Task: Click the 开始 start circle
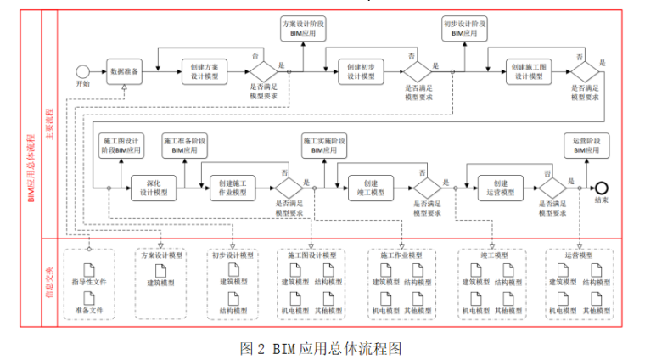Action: point(82,71)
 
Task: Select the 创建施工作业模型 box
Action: point(232,188)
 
